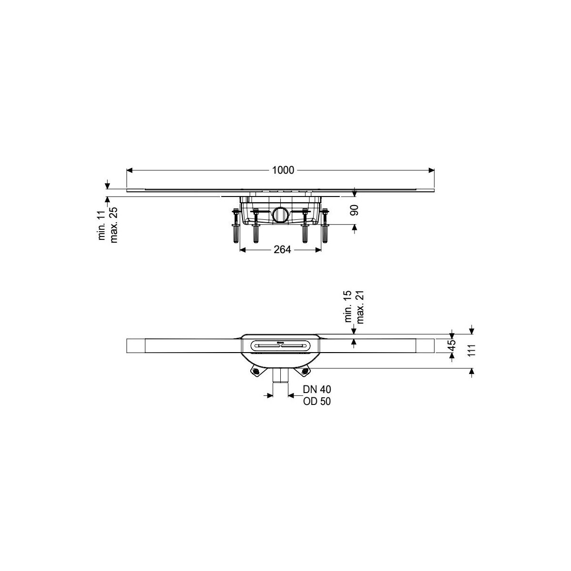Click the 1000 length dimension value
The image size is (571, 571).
coord(283,170)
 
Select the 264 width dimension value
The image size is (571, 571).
coord(282,250)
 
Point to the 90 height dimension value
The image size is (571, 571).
coord(354,210)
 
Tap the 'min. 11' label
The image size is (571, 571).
coord(102,225)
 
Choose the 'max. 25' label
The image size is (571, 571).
coord(114,225)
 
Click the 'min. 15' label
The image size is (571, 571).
coord(348,306)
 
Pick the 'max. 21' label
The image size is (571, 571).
coord(360,307)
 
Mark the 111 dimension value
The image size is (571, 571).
coord(472,350)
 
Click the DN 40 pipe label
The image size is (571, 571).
coord(317,389)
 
